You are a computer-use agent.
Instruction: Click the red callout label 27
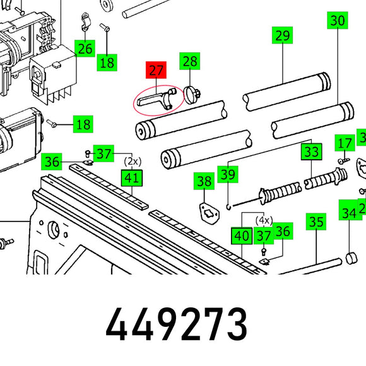pos(156,70)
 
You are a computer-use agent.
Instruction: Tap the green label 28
pos(189,61)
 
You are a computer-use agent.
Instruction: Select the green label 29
pos(282,35)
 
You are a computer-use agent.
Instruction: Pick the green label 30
pos(338,20)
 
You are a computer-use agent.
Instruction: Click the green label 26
pos(85,49)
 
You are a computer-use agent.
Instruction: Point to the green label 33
pos(311,151)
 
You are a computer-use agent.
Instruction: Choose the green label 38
pos(204,181)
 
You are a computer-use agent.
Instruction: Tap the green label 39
pos(228,174)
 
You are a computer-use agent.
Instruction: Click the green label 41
pos(132,178)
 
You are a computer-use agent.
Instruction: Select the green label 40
pos(242,236)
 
